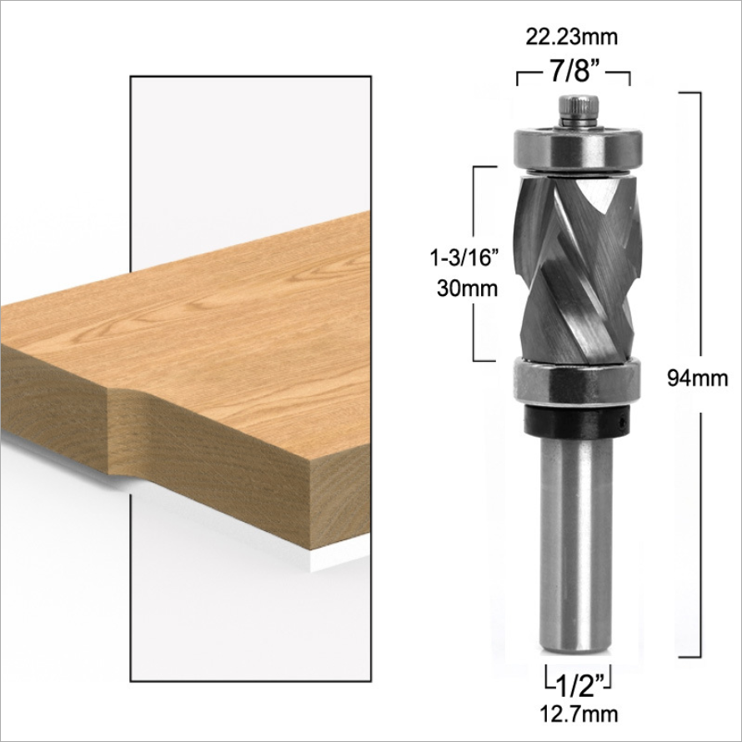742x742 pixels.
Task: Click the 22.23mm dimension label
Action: click(572, 37)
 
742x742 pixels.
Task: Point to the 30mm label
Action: click(467, 288)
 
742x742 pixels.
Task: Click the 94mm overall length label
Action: click(698, 379)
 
